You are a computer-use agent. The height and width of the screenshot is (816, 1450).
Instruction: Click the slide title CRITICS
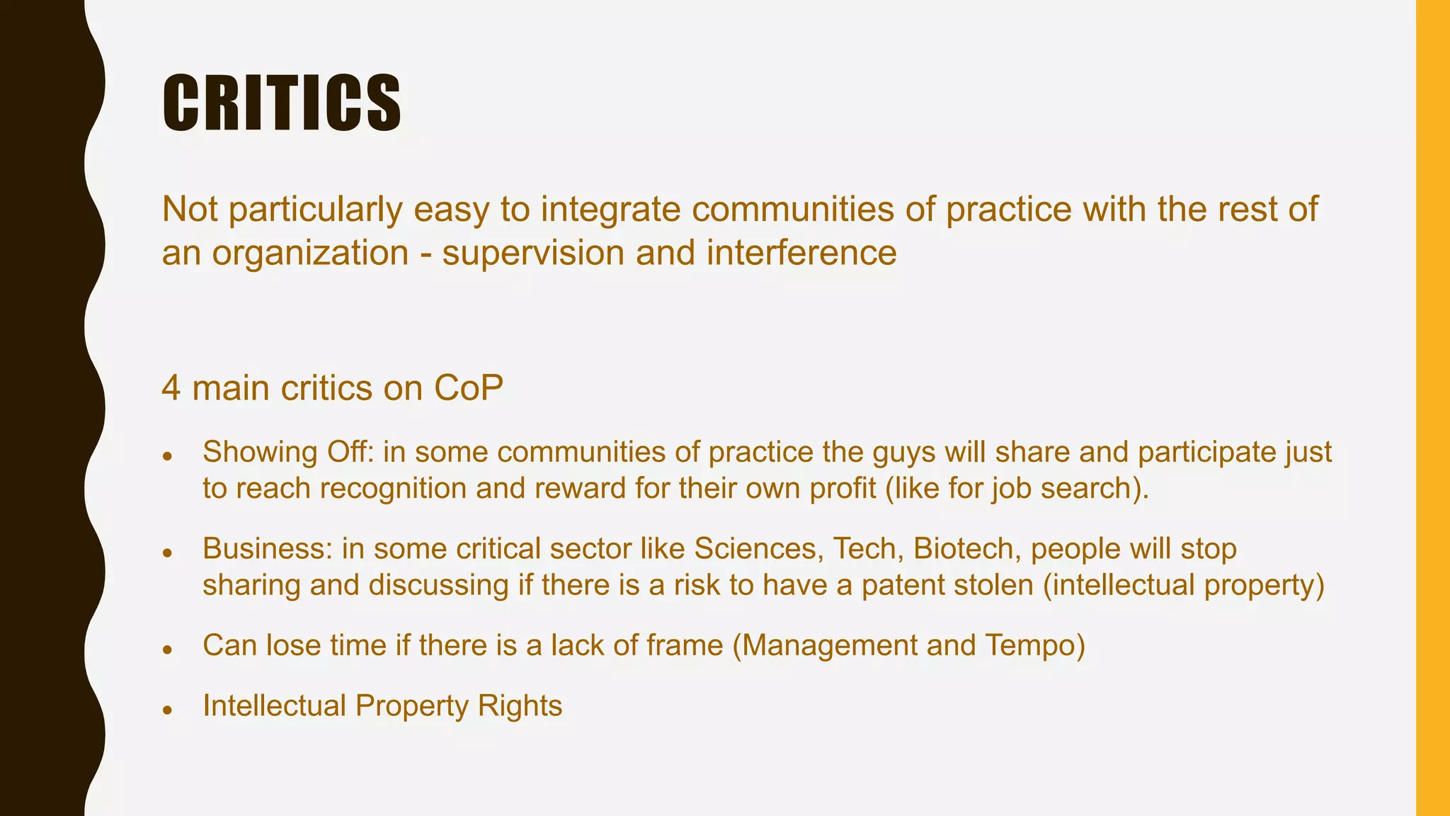(x=282, y=103)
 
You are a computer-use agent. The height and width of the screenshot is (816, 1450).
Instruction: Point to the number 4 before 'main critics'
(x=171, y=389)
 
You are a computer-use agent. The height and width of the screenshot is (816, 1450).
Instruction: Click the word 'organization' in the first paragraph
(x=310, y=254)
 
